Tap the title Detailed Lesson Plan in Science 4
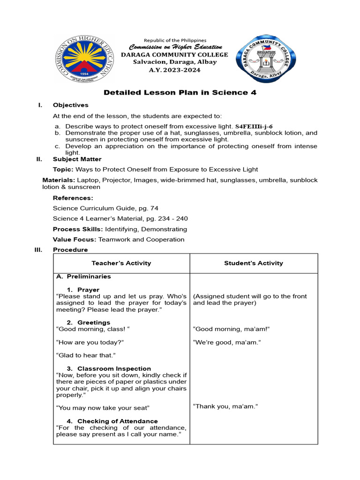pos(180,92)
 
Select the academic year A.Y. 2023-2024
pos(174,70)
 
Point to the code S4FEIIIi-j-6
pos(256,127)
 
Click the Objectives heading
pos(70,105)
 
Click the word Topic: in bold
pos(63,169)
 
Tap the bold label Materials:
pos(59,180)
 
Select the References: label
pos(73,198)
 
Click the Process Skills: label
pos(78,229)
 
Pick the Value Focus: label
pos(75,240)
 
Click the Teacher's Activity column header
pos(121,263)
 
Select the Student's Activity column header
pos(254,263)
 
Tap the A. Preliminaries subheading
pos(83,277)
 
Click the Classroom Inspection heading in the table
pos(114,368)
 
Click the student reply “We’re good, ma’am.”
pos(227,342)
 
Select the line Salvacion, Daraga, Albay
pos(174,62)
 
